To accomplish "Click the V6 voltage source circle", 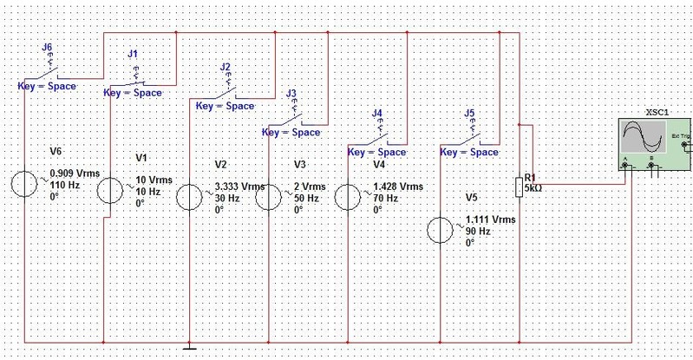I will [x=26, y=184].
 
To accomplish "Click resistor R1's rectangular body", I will [x=519, y=186].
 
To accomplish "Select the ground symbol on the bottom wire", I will [x=188, y=349].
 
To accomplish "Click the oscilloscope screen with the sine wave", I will [x=642, y=140].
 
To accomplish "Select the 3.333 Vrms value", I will [x=239, y=187].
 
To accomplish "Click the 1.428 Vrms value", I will [x=398, y=187].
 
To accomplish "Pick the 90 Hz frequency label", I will [x=478, y=232].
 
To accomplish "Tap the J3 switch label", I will [x=291, y=93].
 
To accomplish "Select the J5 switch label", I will [x=469, y=113].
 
